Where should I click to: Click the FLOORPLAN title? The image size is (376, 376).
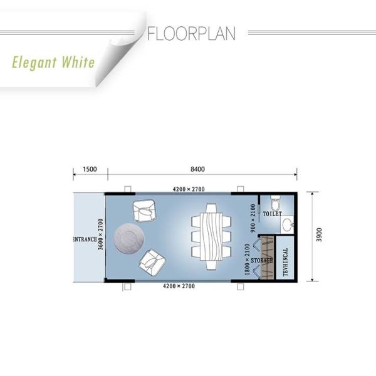[191, 34]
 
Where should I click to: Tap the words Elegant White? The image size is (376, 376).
[53, 62]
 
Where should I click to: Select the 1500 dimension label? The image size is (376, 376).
[90, 169]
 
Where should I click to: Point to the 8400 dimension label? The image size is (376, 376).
[197, 169]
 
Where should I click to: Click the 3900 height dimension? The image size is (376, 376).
[319, 235]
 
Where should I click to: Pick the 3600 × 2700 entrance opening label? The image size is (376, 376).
[100, 234]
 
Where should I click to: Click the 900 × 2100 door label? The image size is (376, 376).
[253, 218]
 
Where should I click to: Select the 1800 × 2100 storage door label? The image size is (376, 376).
[248, 259]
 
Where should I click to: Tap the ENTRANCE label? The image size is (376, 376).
[85, 239]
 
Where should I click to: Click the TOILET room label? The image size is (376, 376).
[272, 214]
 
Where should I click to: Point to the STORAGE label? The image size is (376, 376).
[261, 261]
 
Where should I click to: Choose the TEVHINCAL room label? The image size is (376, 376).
[285, 262]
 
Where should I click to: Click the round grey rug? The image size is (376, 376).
[129, 238]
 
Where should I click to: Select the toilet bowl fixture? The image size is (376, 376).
[275, 202]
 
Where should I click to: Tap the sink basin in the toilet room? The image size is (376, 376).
[287, 225]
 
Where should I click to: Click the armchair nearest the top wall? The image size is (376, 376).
[144, 211]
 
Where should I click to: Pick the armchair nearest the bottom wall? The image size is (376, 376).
[152, 263]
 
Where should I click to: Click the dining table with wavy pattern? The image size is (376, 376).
[211, 236]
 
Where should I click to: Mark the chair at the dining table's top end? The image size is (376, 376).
[211, 208]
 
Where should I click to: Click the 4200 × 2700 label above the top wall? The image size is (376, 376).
[189, 189]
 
